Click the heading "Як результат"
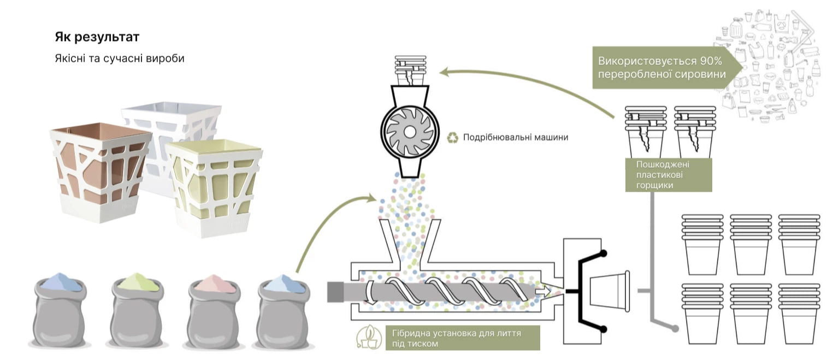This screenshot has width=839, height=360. click(x=97, y=37)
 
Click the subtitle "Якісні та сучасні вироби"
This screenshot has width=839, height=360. click(x=120, y=58)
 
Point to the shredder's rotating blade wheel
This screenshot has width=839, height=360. click(x=409, y=132)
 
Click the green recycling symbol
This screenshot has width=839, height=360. click(x=452, y=138)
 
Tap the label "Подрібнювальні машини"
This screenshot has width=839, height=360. click(x=516, y=138)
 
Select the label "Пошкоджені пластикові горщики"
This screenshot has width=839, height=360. click(x=663, y=175)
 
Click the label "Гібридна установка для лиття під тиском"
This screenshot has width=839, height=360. click(x=456, y=338)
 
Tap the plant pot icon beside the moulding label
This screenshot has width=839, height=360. click(x=369, y=337)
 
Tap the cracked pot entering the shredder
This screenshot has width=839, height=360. click(x=410, y=71)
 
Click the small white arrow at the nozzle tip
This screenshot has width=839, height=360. click(x=543, y=291)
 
